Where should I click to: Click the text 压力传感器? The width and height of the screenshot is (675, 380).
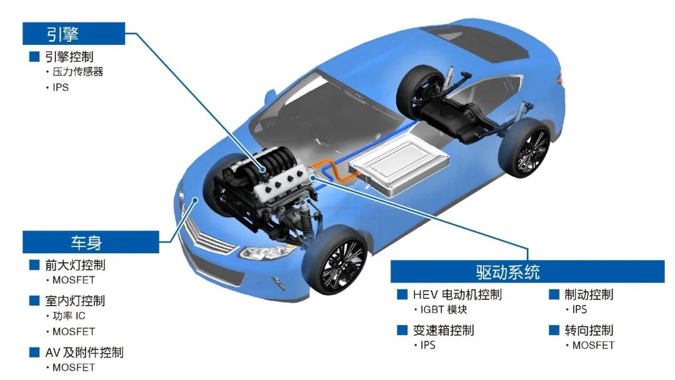[78, 71]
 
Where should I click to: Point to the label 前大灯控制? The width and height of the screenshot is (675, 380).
[76, 264]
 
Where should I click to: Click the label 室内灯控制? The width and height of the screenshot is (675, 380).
[76, 301]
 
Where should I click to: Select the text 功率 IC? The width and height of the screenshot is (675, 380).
[69, 316]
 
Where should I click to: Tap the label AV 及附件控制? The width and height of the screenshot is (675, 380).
[84, 352]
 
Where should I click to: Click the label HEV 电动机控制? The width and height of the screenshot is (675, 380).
[457, 294]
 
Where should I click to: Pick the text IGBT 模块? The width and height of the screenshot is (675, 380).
[444, 309]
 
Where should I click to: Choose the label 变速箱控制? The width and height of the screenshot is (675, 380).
[443, 330]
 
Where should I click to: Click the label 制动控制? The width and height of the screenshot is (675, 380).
[589, 294]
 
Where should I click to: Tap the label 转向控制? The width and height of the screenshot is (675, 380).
[589, 330]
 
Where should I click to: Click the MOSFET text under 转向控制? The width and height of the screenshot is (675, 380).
[593, 345]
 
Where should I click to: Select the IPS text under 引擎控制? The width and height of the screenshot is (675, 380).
[61, 87]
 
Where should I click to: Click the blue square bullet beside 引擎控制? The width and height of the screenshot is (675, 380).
[34, 56]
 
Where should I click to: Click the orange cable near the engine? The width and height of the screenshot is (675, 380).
[335, 171]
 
